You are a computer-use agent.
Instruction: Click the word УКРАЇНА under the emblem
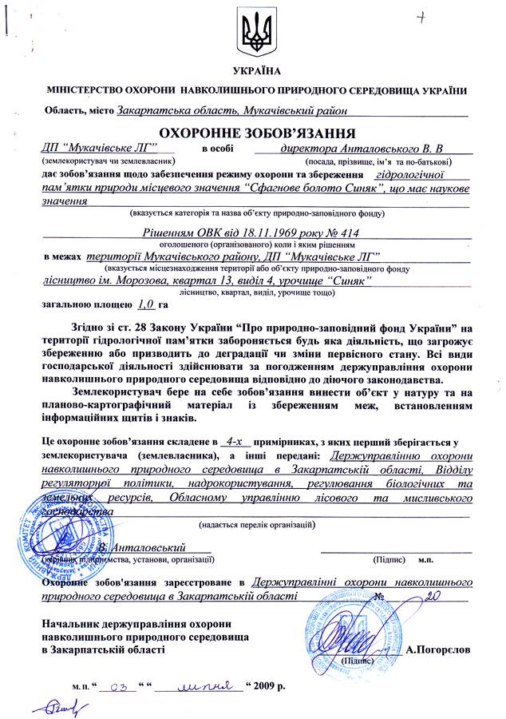[253, 73]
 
